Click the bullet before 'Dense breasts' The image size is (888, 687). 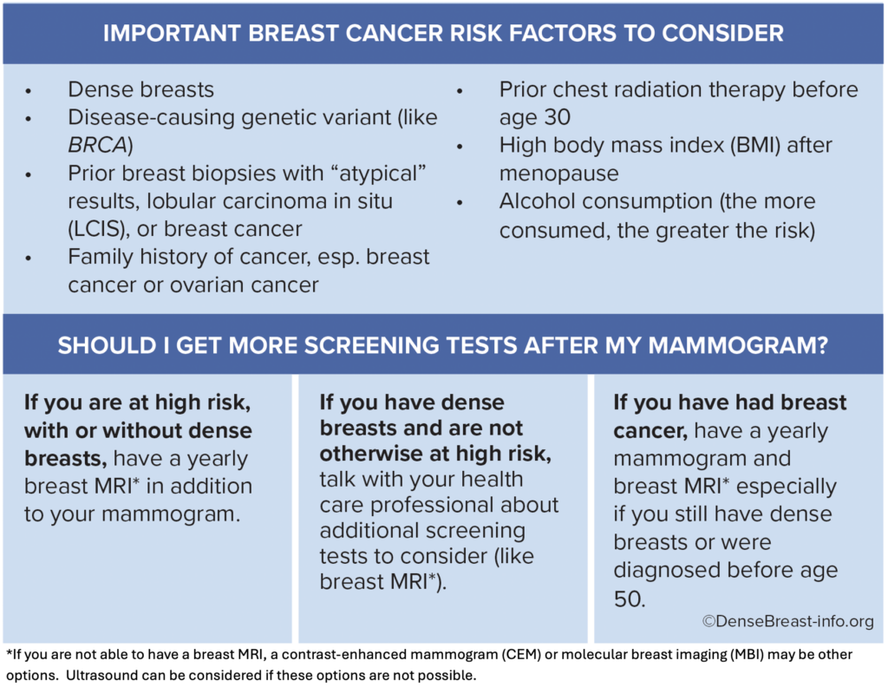30,90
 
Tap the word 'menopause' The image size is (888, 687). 558,173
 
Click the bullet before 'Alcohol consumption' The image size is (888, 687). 460,202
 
